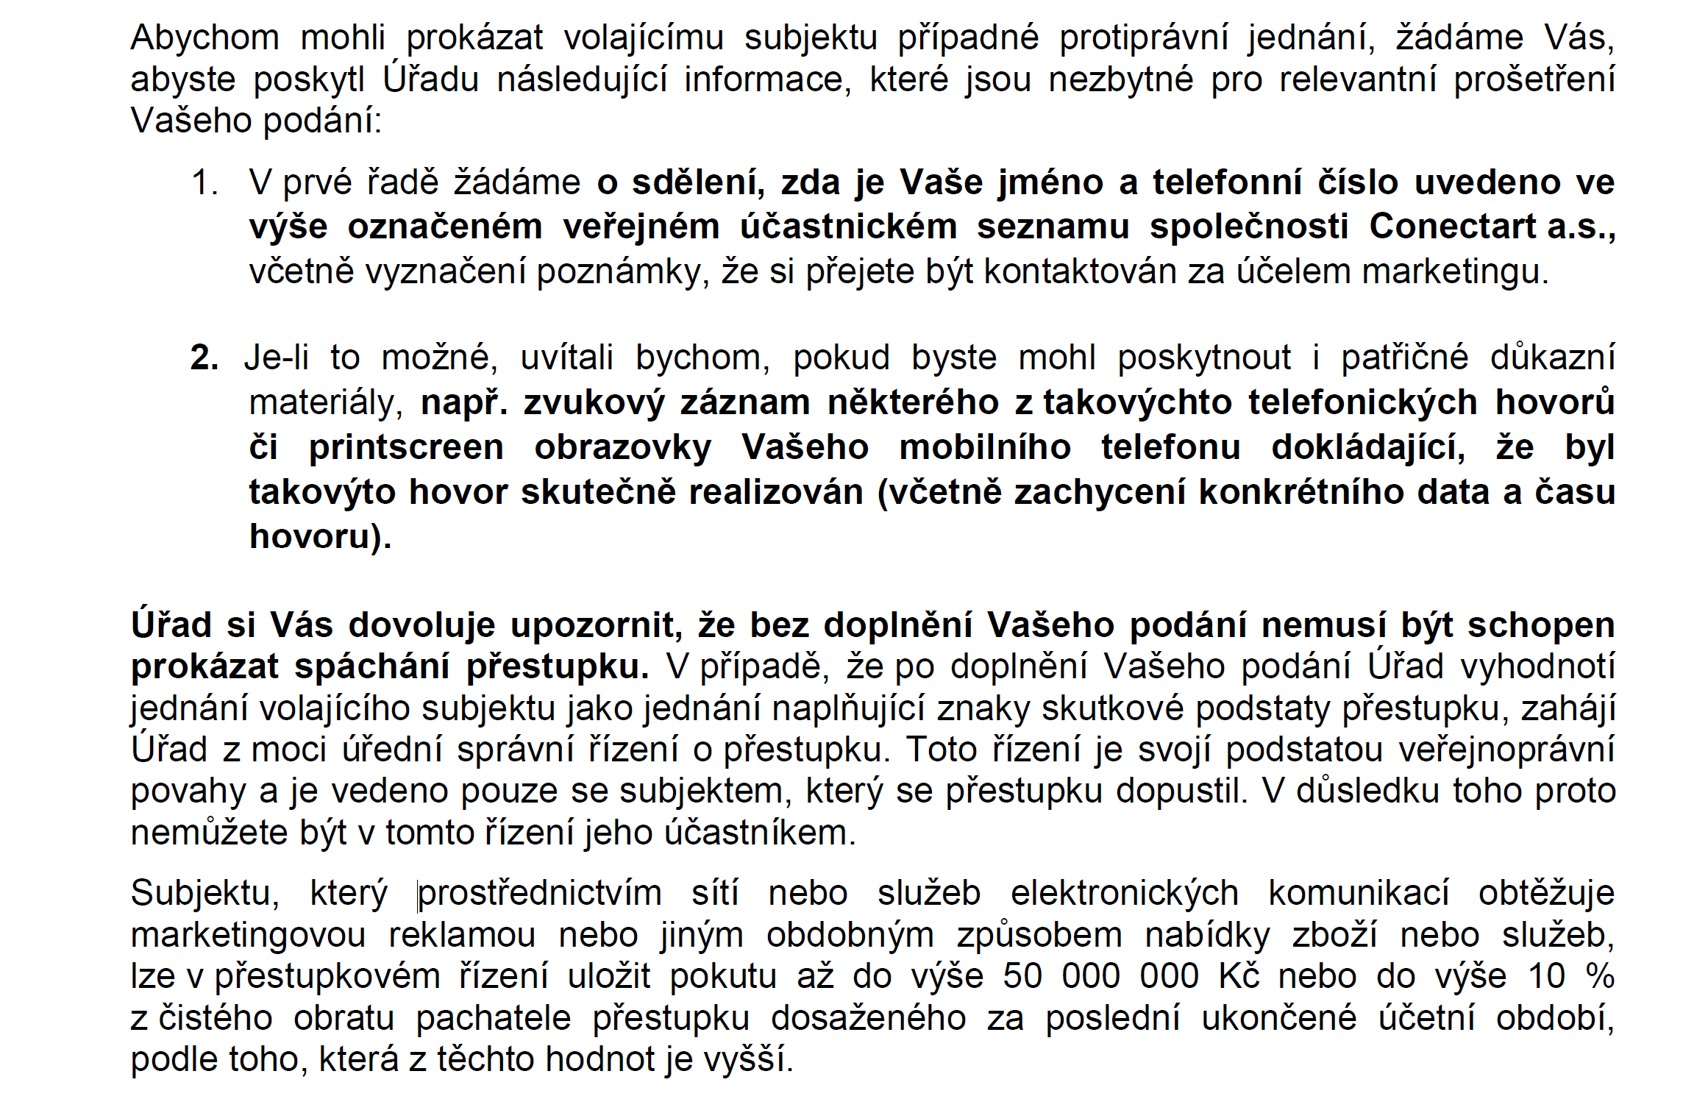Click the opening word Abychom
coord(204,38)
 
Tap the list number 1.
coord(204,183)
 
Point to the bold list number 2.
coord(204,358)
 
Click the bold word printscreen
coord(406,449)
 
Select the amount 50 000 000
coord(1100,977)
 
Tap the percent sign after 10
coord(1600,977)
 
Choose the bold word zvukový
coord(593,403)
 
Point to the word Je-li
coord(277,358)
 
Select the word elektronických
coord(1124,894)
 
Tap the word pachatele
coord(493,1019)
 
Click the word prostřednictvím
coord(540,894)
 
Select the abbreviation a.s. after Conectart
coord(1580,227)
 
